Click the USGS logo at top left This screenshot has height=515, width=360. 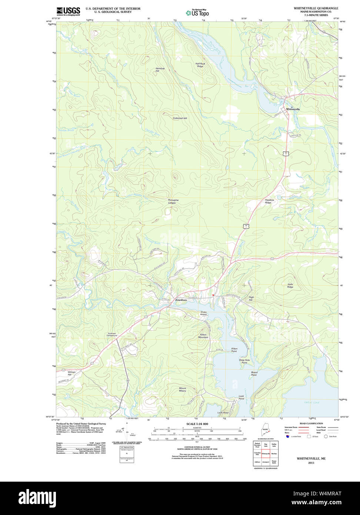click(68, 11)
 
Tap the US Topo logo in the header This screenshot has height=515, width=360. click(197, 13)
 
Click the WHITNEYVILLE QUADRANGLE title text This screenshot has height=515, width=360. click(316, 8)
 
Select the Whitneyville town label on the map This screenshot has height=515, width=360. click(293, 109)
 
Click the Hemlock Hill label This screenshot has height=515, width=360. click(160, 69)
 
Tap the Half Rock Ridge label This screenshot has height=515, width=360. click(200, 65)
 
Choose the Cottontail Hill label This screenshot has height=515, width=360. click(180, 118)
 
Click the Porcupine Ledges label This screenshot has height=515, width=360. click(173, 201)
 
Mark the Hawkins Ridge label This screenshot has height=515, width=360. click(269, 201)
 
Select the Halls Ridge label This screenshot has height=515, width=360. click(290, 286)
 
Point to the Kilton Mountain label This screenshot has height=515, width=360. click(203, 336)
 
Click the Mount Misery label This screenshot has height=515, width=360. click(183, 389)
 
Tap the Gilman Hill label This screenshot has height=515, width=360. click(71, 373)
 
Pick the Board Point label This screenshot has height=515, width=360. click(254, 373)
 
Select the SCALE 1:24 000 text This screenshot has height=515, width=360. click(197, 424)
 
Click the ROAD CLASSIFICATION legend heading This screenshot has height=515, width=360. click(311, 423)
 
